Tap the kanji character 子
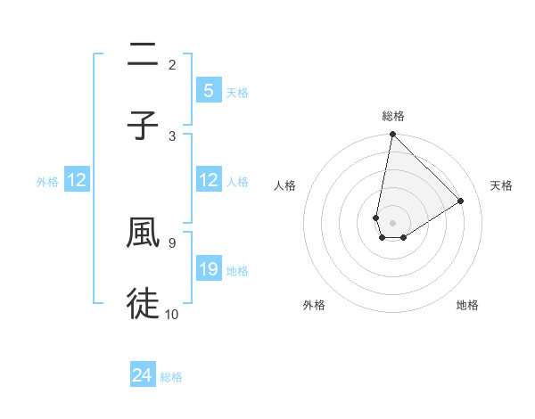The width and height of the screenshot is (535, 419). tap(143, 127)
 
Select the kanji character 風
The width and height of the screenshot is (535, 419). tap(143, 233)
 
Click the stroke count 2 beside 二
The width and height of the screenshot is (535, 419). tap(172, 64)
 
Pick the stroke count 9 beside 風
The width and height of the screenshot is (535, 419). tap(172, 242)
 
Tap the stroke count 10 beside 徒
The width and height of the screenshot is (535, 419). tap(172, 313)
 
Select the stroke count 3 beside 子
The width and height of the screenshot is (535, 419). tap(172, 136)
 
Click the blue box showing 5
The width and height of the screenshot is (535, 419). tap(208, 90)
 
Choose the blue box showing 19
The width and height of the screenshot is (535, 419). tap(208, 268)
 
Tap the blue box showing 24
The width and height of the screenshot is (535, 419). tap(142, 375)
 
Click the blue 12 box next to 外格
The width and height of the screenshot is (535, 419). tap(76, 180)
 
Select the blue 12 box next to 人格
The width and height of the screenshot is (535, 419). tap(208, 180)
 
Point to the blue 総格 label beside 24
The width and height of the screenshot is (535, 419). tap(171, 377)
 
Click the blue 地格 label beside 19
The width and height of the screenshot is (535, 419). tap(237, 270)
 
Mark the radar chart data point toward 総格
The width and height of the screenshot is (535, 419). tap(392, 135)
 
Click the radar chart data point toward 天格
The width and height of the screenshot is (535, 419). tap(461, 201)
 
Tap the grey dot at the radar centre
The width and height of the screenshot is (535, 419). tap(392, 223)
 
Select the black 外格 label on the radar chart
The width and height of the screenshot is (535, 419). tap(314, 305)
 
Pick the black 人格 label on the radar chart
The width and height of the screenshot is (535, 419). tap(285, 185)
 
